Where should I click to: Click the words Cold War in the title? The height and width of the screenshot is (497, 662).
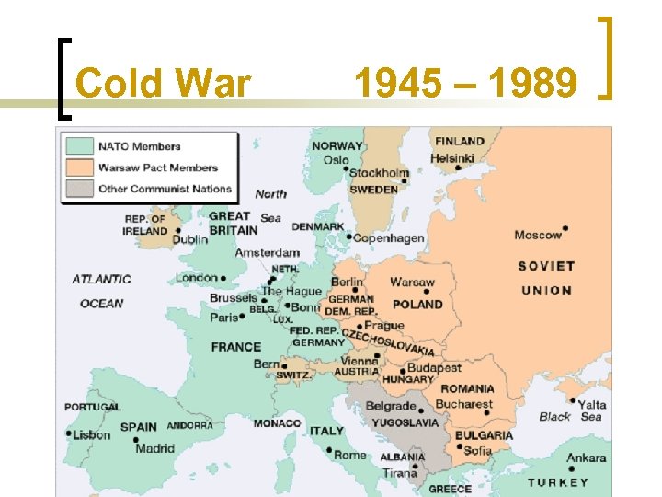[x=163, y=84]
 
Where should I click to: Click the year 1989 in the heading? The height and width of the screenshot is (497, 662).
[x=533, y=84]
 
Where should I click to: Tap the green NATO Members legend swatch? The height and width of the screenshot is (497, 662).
[x=78, y=145]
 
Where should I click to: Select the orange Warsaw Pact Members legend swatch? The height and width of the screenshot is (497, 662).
[x=78, y=168]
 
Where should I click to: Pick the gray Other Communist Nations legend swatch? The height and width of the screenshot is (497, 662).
[x=78, y=189]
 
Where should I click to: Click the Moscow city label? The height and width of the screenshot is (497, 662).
[x=537, y=235]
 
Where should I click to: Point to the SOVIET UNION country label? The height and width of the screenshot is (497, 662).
[x=545, y=278]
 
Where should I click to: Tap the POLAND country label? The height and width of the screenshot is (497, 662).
[x=417, y=304]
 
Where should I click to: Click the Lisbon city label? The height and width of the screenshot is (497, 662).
[x=92, y=435]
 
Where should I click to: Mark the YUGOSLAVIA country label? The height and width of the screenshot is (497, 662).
[x=405, y=422]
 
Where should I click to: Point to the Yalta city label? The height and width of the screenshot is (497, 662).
[x=592, y=405]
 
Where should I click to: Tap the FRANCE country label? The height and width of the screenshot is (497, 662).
[x=236, y=347]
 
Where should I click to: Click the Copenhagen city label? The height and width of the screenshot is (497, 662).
[x=389, y=238]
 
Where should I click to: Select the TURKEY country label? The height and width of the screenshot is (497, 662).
[x=558, y=482]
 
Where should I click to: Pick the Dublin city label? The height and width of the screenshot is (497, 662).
[x=189, y=239]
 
